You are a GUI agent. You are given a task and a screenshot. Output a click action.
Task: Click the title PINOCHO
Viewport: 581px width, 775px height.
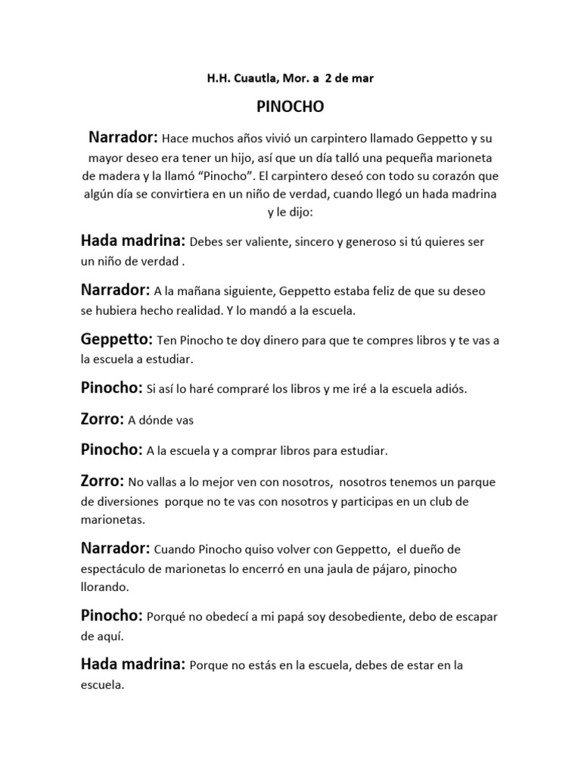pyautogui.click(x=290, y=107)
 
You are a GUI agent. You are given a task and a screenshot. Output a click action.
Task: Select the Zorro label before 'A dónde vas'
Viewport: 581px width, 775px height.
pyautogui.click(x=101, y=420)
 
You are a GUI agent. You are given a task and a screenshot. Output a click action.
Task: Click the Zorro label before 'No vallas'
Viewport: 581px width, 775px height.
pyautogui.click(x=101, y=481)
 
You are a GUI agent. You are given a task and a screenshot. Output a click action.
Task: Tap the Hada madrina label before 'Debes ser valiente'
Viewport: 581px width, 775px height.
pyautogui.click(x=132, y=242)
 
